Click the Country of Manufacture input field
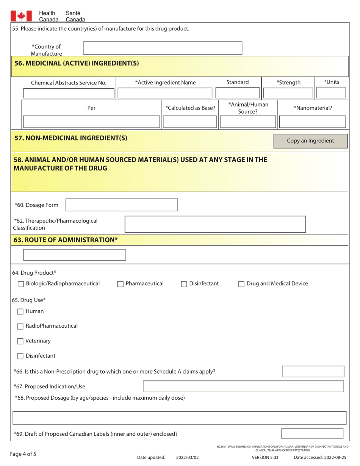pyautogui.click(x=163, y=48)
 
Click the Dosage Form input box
pyautogui.click(x=122, y=205)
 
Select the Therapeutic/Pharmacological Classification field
pyautogui.click(x=215, y=224)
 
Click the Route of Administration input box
pyautogui.click(x=75, y=255)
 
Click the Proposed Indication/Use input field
pyautogui.click(x=243, y=386)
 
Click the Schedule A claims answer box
pyautogui.click(x=313, y=371)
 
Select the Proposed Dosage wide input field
pyautogui.click(x=180, y=418)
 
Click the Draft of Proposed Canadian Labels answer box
pyautogui.click(x=313, y=434)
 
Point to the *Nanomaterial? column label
pyautogui.click(x=313, y=108)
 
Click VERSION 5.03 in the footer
pyautogui.click(x=265, y=457)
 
